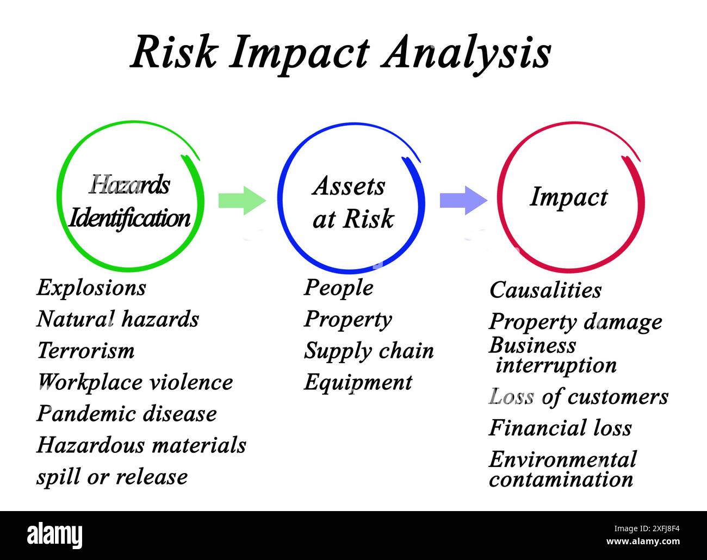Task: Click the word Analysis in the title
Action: [x=466, y=53]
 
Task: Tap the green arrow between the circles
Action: [x=241, y=200]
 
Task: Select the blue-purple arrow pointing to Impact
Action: [x=463, y=200]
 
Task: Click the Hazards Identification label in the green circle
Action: [x=129, y=202]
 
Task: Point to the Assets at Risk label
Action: [x=352, y=202]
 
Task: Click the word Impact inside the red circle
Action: [x=568, y=197]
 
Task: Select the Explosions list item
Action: [x=91, y=288]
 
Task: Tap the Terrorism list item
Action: [x=85, y=351]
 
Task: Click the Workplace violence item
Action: [x=135, y=382]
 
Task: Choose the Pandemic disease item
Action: [x=127, y=414]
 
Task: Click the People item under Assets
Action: [x=338, y=288]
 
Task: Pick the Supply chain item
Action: [x=369, y=351]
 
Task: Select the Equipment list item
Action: [x=358, y=382]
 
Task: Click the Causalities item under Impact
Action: [x=545, y=290]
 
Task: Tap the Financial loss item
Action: [x=560, y=428]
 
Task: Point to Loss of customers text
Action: [x=579, y=397]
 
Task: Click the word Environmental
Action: [x=562, y=460]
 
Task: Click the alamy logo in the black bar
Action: [x=54, y=536]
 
